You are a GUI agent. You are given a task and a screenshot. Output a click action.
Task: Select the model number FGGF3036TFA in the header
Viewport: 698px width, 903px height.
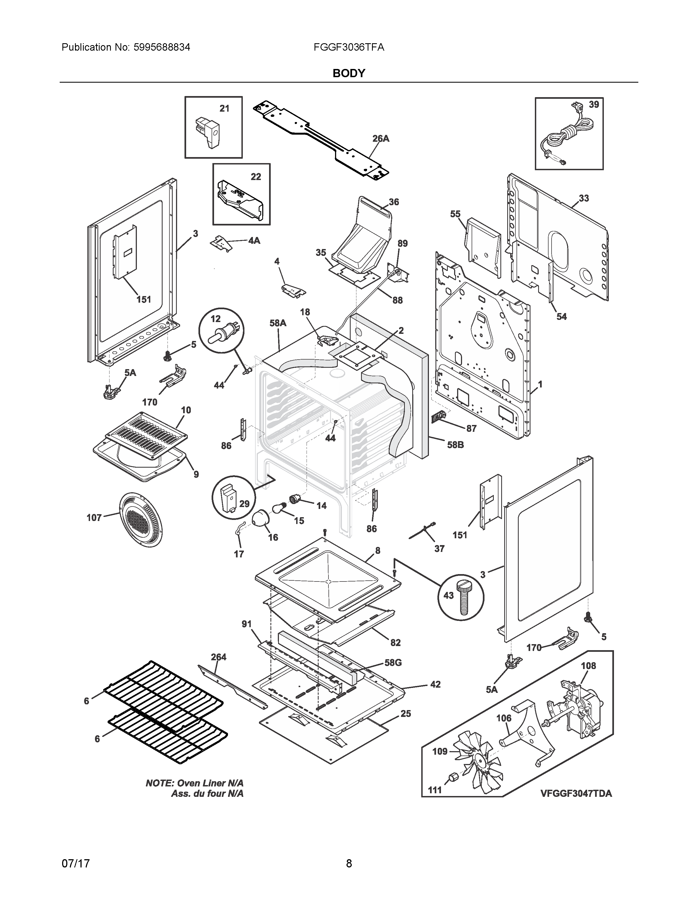point(348,48)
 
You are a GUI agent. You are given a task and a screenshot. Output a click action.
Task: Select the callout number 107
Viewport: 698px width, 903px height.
point(94,518)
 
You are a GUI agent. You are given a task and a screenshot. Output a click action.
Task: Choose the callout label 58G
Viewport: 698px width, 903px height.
point(393,662)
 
